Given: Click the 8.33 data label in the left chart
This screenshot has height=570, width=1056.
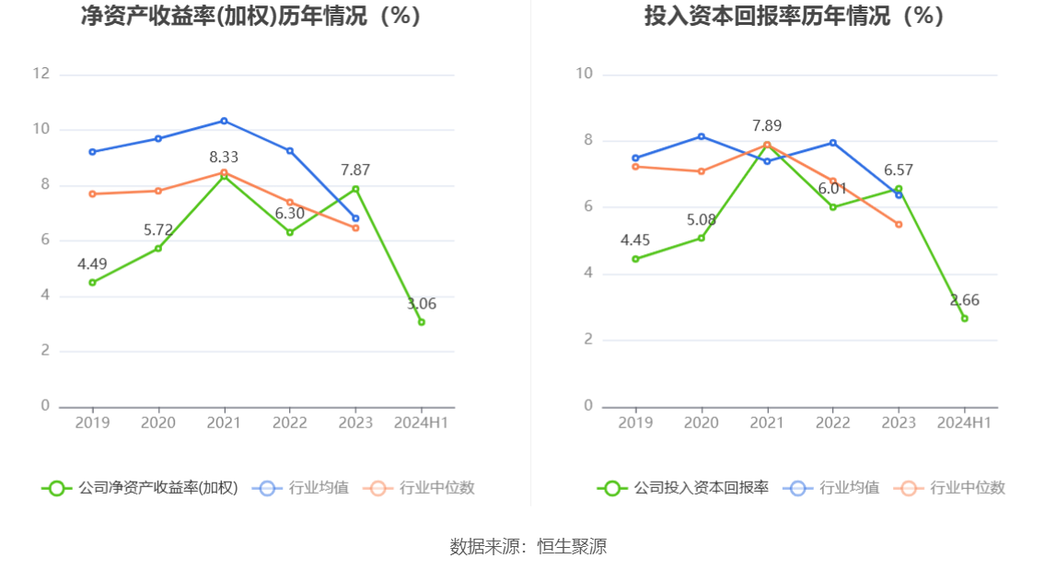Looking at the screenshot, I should pyautogui.click(x=224, y=157).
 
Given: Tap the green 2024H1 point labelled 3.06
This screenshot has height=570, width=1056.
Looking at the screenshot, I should pyautogui.click(x=422, y=322).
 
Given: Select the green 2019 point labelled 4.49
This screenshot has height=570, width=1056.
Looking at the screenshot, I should pyautogui.click(x=92, y=283).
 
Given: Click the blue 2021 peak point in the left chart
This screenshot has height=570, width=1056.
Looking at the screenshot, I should pyautogui.click(x=224, y=121).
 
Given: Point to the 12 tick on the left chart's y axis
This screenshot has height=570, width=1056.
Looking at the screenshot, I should pyautogui.click(x=41, y=74).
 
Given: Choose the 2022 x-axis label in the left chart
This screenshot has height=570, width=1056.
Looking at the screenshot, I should pyautogui.click(x=290, y=423).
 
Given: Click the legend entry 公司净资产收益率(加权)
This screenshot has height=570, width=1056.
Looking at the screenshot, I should pyautogui.click(x=140, y=488).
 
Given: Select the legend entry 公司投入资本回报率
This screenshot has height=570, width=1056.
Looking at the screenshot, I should pyautogui.click(x=683, y=488).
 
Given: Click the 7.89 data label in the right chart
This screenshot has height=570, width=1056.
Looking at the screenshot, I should pyautogui.click(x=767, y=126).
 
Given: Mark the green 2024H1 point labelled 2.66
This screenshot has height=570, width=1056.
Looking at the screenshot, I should pyautogui.click(x=965, y=319).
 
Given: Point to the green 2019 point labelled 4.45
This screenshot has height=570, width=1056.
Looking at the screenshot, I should pyautogui.click(x=635, y=259).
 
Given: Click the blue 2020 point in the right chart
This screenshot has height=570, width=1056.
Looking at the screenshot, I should pyautogui.click(x=702, y=136).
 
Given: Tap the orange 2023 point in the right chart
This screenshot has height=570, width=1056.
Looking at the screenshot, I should pyautogui.click(x=899, y=224).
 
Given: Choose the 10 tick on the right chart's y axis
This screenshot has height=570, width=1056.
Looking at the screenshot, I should pyautogui.click(x=584, y=74).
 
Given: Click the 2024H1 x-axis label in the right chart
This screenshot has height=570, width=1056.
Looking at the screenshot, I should pyautogui.click(x=964, y=423).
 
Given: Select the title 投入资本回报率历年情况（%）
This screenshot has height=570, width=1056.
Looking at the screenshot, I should pyautogui.click(x=795, y=17).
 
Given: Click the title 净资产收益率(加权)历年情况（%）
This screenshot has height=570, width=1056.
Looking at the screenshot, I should pyautogui.click(x=251, y=17).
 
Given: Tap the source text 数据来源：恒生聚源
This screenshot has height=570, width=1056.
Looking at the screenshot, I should pyautogui.click(x=528, y=546).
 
